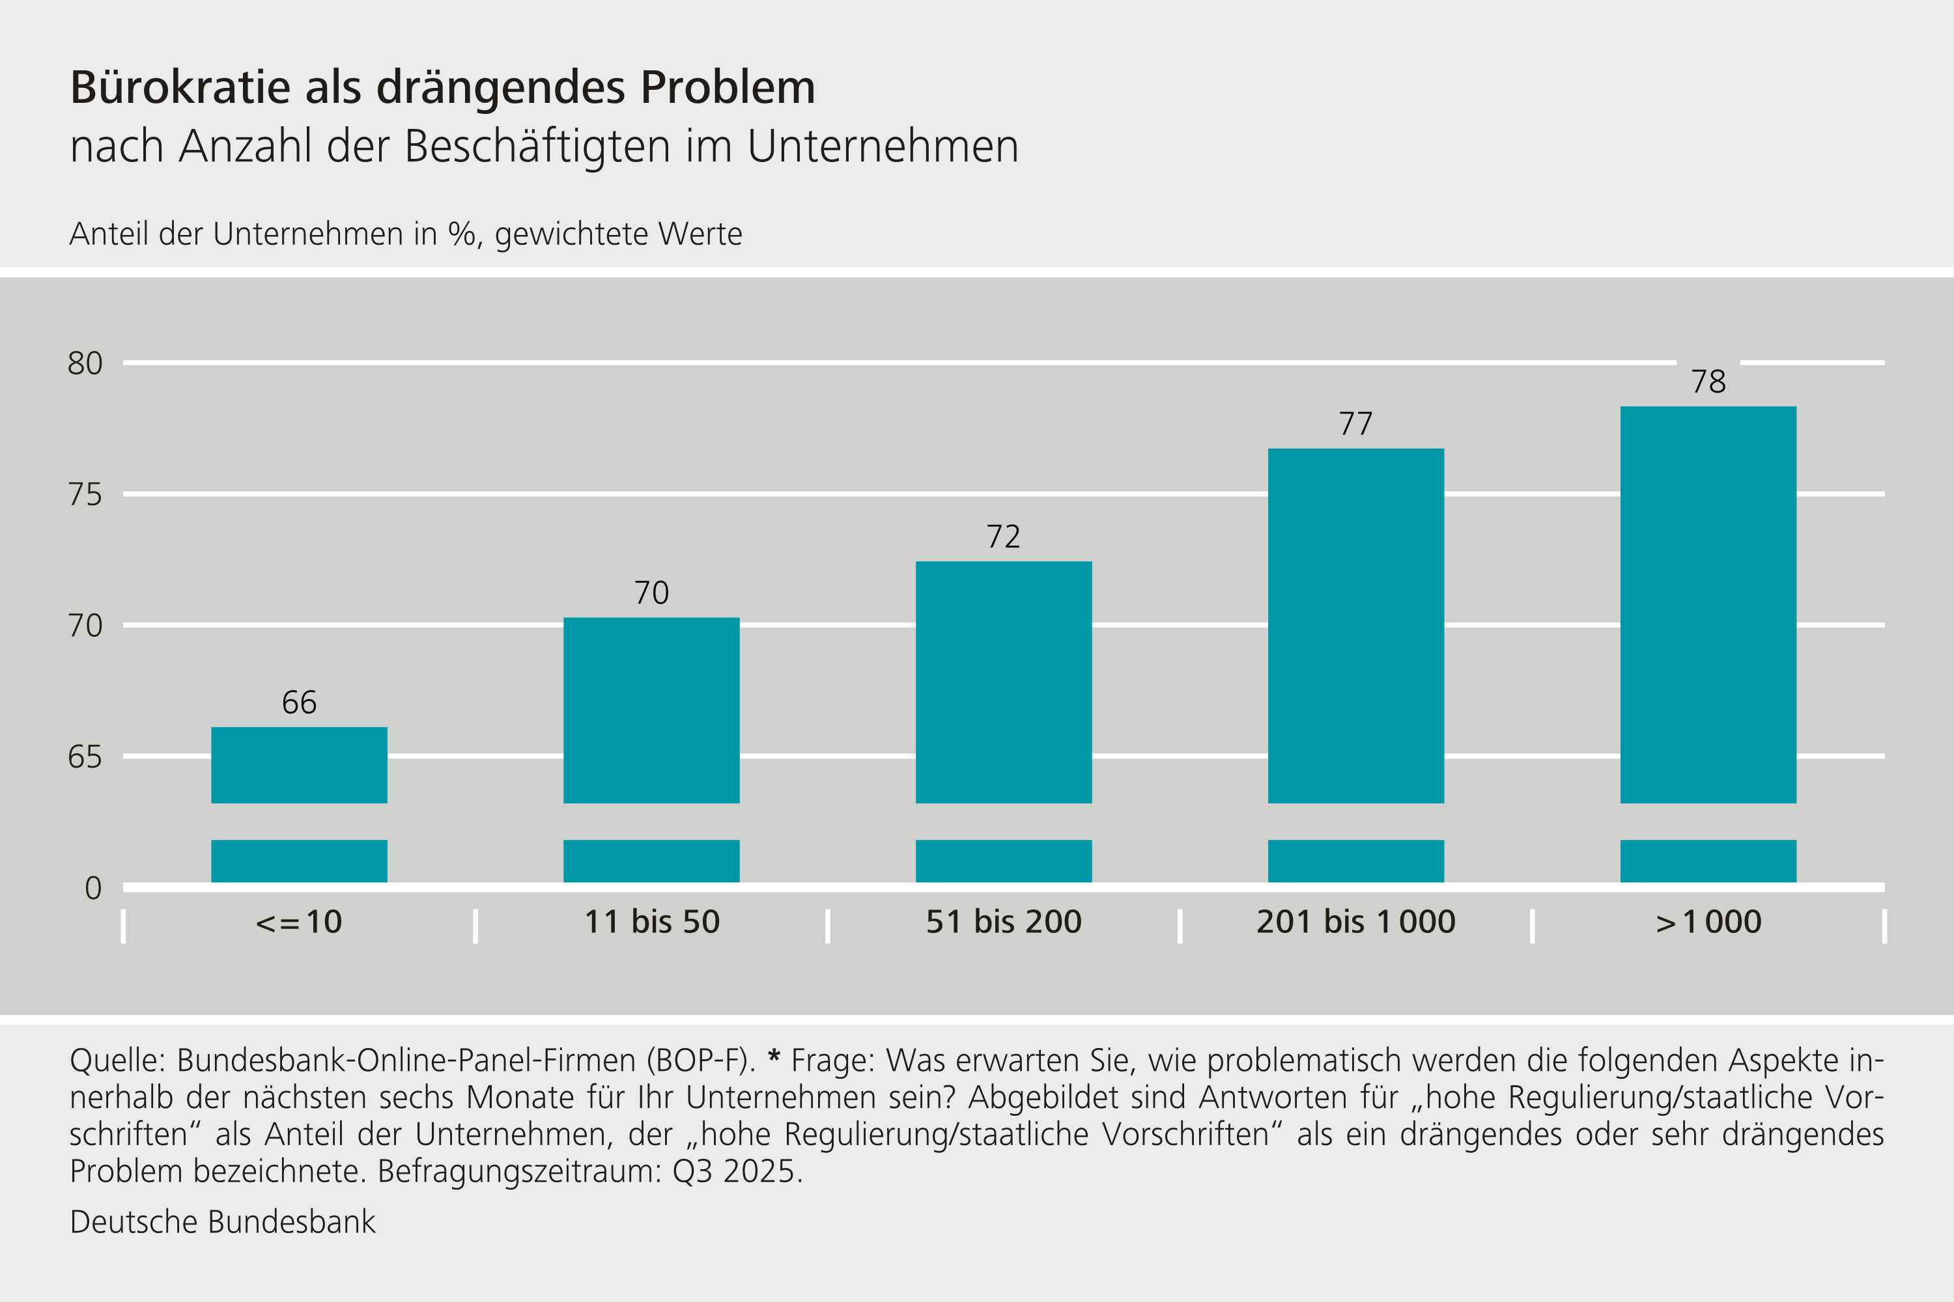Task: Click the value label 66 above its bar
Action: point(299,702)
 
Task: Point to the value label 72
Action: point(1004,537)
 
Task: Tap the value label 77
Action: point(1356,424)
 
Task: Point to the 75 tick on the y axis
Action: point(85,495)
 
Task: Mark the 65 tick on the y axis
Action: point(85,757)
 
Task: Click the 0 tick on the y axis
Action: point(93,889)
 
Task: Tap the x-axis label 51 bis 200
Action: point(1004,922)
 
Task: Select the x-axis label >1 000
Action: point(1708,922)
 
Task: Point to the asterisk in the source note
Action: point(774,1057)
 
